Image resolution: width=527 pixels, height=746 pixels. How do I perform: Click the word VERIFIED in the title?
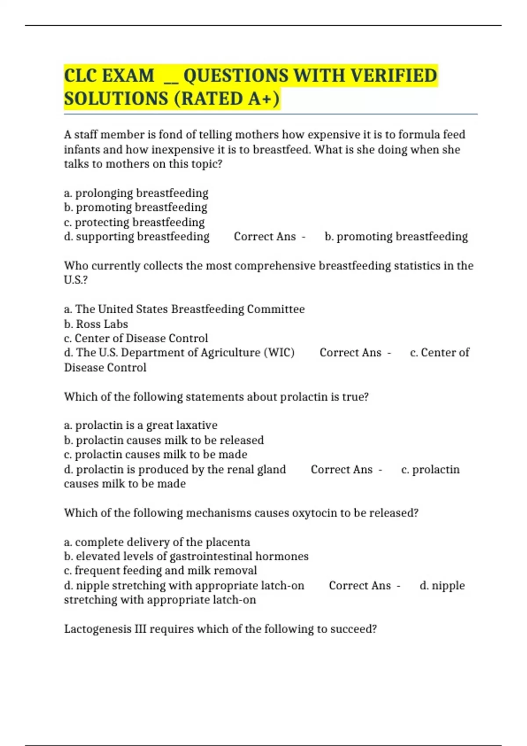393,75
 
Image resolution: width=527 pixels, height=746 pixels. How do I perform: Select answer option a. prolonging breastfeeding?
136,193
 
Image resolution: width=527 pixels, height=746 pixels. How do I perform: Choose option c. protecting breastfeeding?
134,222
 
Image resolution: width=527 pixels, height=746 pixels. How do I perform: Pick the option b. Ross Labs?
96,324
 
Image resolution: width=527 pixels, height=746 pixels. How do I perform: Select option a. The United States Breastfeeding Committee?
184,309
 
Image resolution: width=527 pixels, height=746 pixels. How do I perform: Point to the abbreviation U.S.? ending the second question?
76,280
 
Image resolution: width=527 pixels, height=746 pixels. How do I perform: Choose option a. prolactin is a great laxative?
141,425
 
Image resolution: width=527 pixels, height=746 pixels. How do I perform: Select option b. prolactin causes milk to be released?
164,440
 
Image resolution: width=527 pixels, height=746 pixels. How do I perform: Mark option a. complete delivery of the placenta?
157,542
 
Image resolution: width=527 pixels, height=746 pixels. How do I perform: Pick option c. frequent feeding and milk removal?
160,570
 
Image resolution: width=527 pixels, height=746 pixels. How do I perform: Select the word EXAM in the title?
128,75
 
